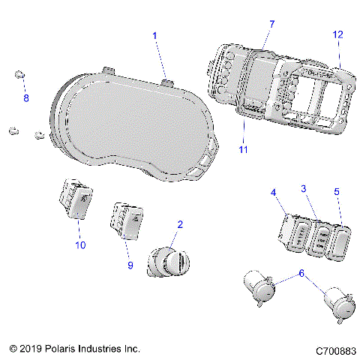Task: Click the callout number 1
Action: [154, 35]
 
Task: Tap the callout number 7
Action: [271, 25]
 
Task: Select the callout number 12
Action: [337, 34]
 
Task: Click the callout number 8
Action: [26, 98]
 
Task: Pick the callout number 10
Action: [80, 244]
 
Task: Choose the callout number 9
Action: [129, 265]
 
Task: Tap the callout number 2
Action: [179, 224]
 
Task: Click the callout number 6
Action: [301, 274]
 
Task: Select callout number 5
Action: [337, 192]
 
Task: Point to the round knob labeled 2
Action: [169, 265]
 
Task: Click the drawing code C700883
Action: [334, 349]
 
